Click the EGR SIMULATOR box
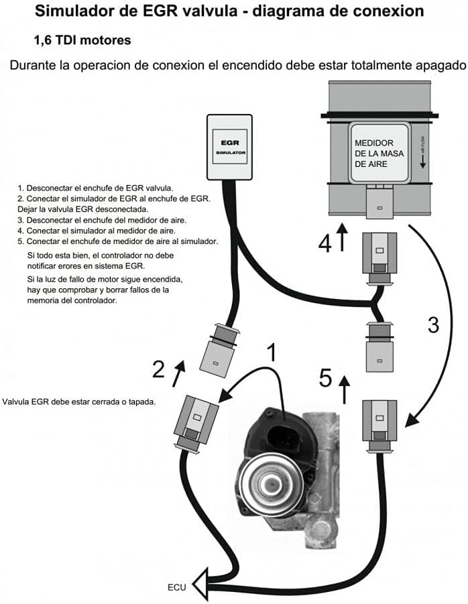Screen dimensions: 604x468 [x=229, y=147]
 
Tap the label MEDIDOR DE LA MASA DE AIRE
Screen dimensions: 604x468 [x=374, y=153]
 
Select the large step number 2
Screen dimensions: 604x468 [x=159, y=369]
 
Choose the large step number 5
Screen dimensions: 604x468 [x=325, y=379]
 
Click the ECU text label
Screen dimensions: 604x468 [x=176, y=587]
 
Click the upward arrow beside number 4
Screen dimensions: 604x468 [x=343, y=238]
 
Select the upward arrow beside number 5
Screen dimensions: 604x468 [x=345, y=389]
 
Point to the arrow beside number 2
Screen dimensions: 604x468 [x=178, y=373]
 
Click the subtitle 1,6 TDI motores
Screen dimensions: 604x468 [x=82, y=40]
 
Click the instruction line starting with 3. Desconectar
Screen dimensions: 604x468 [x=102, y=220]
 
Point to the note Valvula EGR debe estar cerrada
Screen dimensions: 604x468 [x=79, y=402]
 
